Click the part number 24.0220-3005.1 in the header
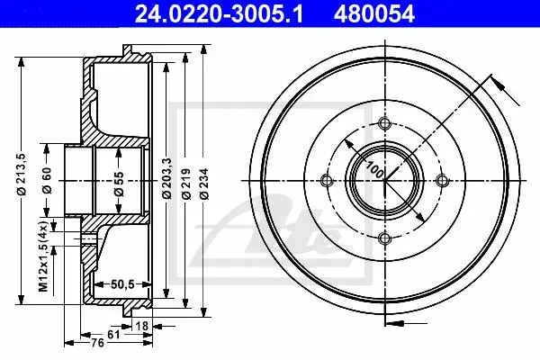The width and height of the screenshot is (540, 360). pyautogui.click(x=219, y=13)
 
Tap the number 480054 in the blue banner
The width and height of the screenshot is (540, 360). pyautogui.click(x=374, y=13)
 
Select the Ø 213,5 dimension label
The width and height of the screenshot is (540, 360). pyautogui.click(x=22, y=174)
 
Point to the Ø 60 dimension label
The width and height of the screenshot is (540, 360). pyautogui.click(x=47, y=180)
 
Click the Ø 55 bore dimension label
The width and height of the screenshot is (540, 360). pyautogui.click(x=119, y=184)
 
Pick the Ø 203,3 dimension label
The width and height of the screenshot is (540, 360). pyautogui.click(x=167, y=178)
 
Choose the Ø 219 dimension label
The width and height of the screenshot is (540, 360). pyautogui.click(x=186, y=184)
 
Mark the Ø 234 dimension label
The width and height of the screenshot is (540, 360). pyautogui.click(x=204, y=184)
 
